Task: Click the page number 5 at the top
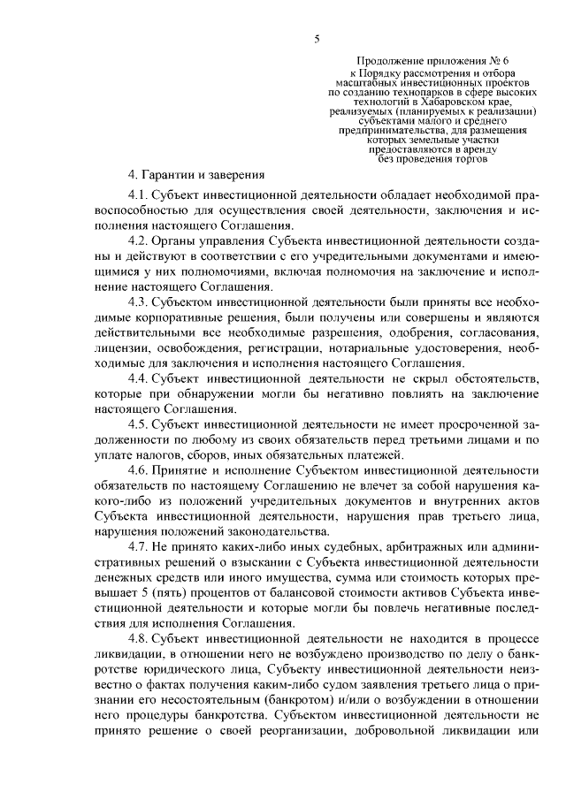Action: (316, 38)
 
